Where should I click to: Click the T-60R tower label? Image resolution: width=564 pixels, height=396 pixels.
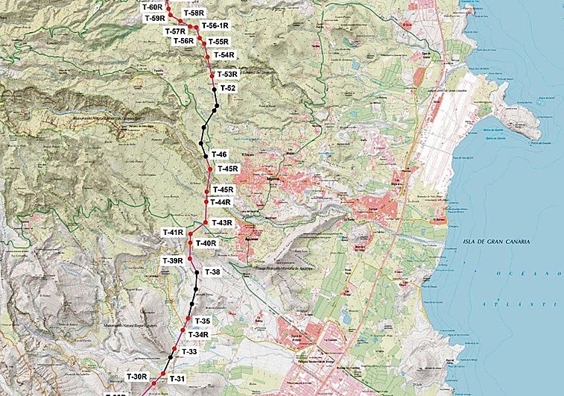tap(151, 6)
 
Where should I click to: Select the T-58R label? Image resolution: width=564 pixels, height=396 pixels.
tap(193, 13)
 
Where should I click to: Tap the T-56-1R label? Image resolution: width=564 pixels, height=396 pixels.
tap(215, 25)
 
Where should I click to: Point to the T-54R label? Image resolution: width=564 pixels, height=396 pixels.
tap(224, 55)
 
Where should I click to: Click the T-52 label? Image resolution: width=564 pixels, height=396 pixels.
tap(228, 88)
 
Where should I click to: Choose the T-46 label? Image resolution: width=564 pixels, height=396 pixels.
tap(219, 154)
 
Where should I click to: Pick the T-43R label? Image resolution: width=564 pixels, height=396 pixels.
tap(222, 223)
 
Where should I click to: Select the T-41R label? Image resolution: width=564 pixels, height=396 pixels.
tap(173, 233)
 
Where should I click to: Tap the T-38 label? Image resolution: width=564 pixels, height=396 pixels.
tap(212, 272)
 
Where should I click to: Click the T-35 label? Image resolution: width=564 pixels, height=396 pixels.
tap(203, 321)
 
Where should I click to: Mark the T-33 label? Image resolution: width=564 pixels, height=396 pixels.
tap(189, 351)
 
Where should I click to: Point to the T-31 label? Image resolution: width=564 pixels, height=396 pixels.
tap(177, 379)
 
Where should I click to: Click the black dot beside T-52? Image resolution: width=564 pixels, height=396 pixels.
tap(214, 89)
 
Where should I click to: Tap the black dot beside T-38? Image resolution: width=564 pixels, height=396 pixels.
tap(197, 273)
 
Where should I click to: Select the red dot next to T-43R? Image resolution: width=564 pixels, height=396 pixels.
tap(206, 222)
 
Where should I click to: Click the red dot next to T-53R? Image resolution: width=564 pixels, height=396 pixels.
tap(212, 75)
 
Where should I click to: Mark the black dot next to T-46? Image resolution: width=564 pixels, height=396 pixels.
tap(206, 156)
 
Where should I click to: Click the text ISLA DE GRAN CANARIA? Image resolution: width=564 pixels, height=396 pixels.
tap(495, 242)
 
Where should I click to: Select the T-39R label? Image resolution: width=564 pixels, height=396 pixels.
tap(173, 260)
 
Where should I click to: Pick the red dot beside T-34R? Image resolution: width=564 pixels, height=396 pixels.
tap(183, 335)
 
